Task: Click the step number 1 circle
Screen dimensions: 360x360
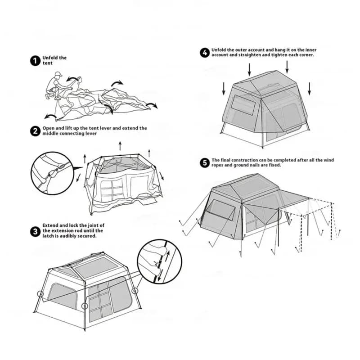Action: pos(35,61)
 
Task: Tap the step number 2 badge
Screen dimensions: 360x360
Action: pos(35,131)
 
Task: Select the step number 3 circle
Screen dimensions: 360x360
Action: pos(35,231)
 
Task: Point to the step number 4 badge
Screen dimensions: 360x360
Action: pos(205,53)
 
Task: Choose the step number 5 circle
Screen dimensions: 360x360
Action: pos(205,163)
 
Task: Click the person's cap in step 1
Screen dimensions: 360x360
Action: pos(58,74)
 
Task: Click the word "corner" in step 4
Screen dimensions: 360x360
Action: pos(306,55)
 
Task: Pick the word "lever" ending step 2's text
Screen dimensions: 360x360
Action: pos(91,134)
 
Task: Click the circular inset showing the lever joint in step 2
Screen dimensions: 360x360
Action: pos(52,173)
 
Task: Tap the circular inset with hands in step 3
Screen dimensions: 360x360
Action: pos(160,261)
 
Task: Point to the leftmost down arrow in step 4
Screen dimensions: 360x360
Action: pos(224,89)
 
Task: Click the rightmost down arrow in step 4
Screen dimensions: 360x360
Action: pos(309,89)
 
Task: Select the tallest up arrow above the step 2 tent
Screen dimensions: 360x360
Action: pos(120,146)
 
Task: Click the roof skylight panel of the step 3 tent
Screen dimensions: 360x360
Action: pos(96,267)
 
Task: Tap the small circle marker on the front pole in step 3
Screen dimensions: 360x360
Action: pos(85,306)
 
